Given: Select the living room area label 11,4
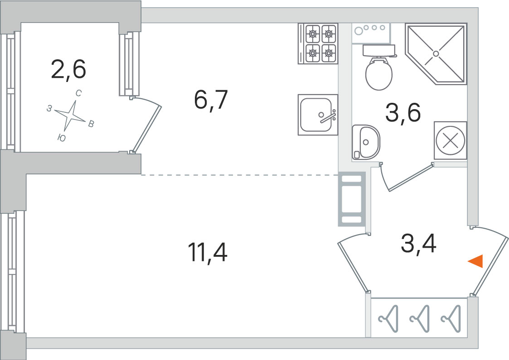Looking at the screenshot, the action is (208, 252).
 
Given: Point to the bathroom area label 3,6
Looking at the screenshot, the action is (403, 112).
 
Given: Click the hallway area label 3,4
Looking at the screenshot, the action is (419, 244).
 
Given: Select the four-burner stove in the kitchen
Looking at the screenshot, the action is (318, 43).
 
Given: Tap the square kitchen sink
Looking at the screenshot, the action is (318, 115).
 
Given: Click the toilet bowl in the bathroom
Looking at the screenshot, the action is (379, 68).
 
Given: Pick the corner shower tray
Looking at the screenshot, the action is (436, 54).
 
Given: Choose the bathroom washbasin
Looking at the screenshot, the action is (366, 142).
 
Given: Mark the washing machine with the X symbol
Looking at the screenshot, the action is (450, 140).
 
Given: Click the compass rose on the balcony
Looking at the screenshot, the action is (70, 115).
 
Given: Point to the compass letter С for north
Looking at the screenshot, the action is (78, 93).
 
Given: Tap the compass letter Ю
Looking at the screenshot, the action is (62, 138).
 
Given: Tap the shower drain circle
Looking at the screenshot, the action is (436, 53).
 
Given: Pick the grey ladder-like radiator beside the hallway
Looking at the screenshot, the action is (352, 199).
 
